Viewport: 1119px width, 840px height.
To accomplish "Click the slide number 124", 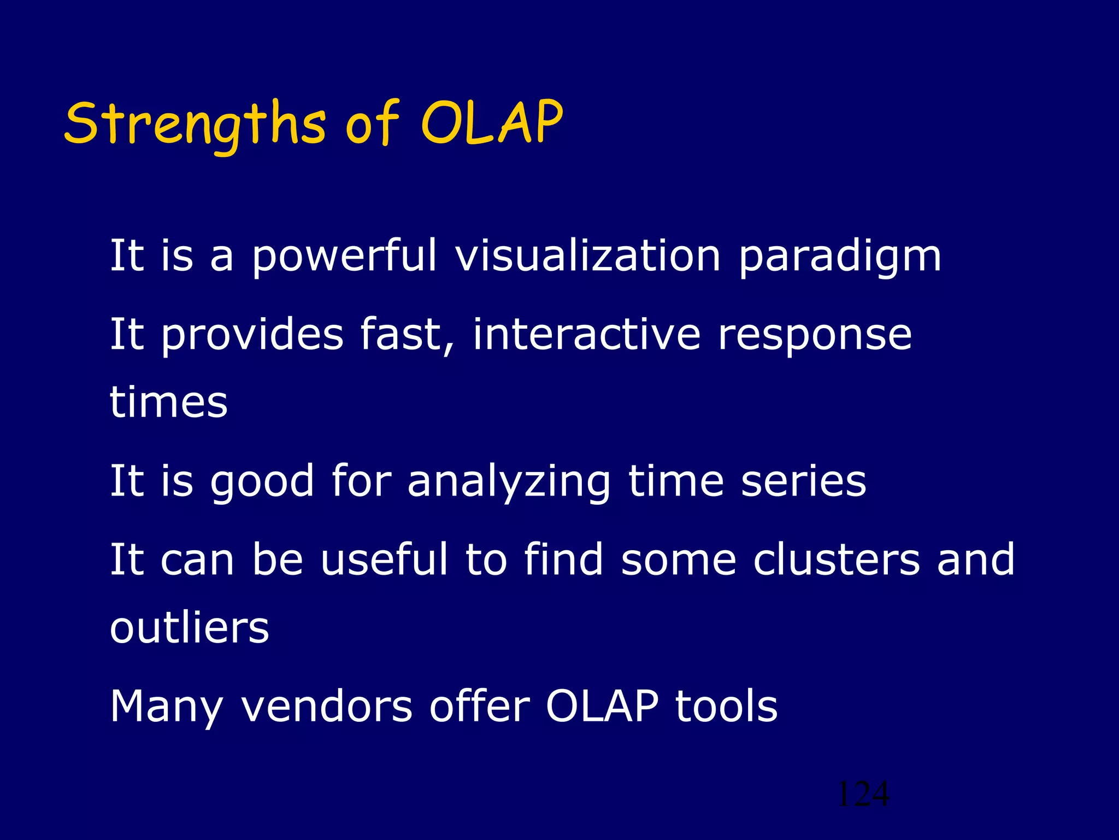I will (x=863, y=794).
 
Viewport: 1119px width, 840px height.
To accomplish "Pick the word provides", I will (x=252, y=335).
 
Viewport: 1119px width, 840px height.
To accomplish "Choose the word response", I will (x=815, y=336).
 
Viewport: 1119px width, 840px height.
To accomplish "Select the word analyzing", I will (x=509, y=481).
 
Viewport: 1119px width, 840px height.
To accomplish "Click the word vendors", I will (x=326, y=706).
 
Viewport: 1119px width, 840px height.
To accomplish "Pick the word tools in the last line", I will (x=726, y=706).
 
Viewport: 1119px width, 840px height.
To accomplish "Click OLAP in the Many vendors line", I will (x=602, y=706).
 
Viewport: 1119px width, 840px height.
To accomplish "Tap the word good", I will (x=262, y=481).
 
